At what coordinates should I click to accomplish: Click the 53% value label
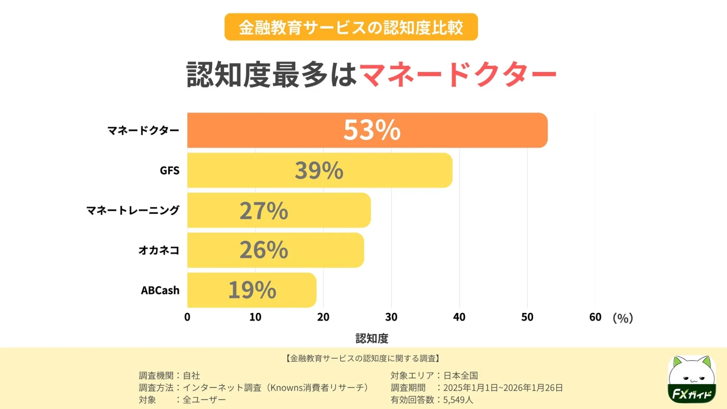click(371, 130)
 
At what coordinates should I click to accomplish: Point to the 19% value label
click(252, 290)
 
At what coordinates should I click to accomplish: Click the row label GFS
click(169, 171)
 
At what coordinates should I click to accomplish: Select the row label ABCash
click(160, 290)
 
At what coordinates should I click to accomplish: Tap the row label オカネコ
click(159, 250)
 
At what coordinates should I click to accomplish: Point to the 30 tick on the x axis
click(391, 317)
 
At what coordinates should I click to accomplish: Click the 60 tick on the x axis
click(595, 317)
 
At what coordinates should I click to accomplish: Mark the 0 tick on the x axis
click(187, 317)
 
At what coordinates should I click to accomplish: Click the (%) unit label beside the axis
click(622, 318)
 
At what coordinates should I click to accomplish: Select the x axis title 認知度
click(371, 338)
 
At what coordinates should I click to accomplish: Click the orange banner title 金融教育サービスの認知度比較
click(351, 27)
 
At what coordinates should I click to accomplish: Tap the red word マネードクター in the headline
click(457, 75)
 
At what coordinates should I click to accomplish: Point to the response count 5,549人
click(458, 400)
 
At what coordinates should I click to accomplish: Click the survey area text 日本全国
click(460, 375)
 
